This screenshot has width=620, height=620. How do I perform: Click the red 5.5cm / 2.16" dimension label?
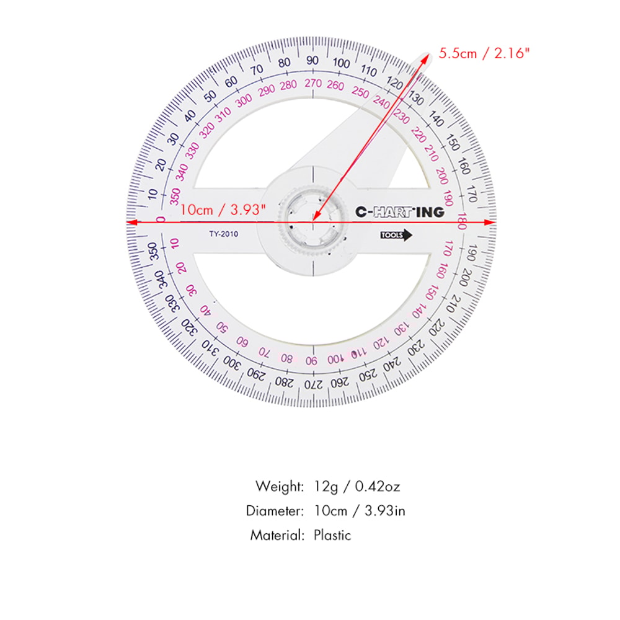[485, 53]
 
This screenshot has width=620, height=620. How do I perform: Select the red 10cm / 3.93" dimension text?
[226, 210]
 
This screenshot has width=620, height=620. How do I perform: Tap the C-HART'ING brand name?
[399, 212]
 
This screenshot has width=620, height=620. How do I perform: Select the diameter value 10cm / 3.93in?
[360, 511]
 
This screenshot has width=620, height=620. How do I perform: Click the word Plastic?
[332, 535]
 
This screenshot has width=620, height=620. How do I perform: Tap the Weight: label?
[280, 486]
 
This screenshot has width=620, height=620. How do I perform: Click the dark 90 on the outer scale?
[312, 60]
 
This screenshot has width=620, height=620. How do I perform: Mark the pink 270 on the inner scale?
[312, 83]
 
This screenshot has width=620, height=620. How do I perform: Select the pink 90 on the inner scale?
[312, 361]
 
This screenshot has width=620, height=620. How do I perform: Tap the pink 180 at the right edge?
[461, 222]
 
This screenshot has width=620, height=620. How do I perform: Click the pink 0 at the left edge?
[161, 219]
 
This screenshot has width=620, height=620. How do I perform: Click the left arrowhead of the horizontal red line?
[130, 221]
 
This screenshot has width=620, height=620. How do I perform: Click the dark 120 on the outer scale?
[394, 81]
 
